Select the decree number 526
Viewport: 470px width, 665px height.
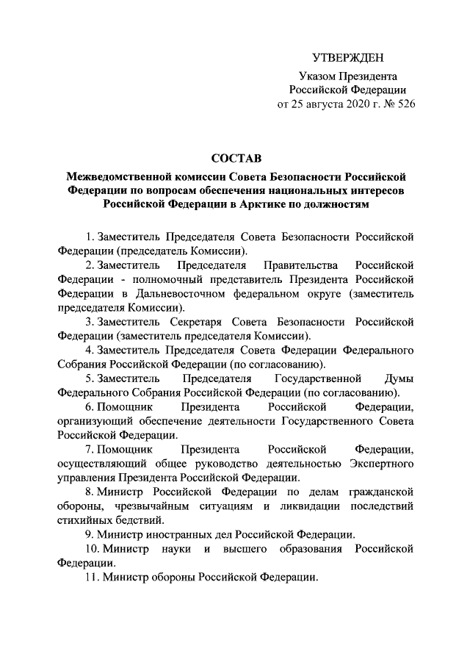click(x=402, y=104)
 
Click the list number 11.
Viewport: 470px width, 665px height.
click(x=91, y=579)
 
